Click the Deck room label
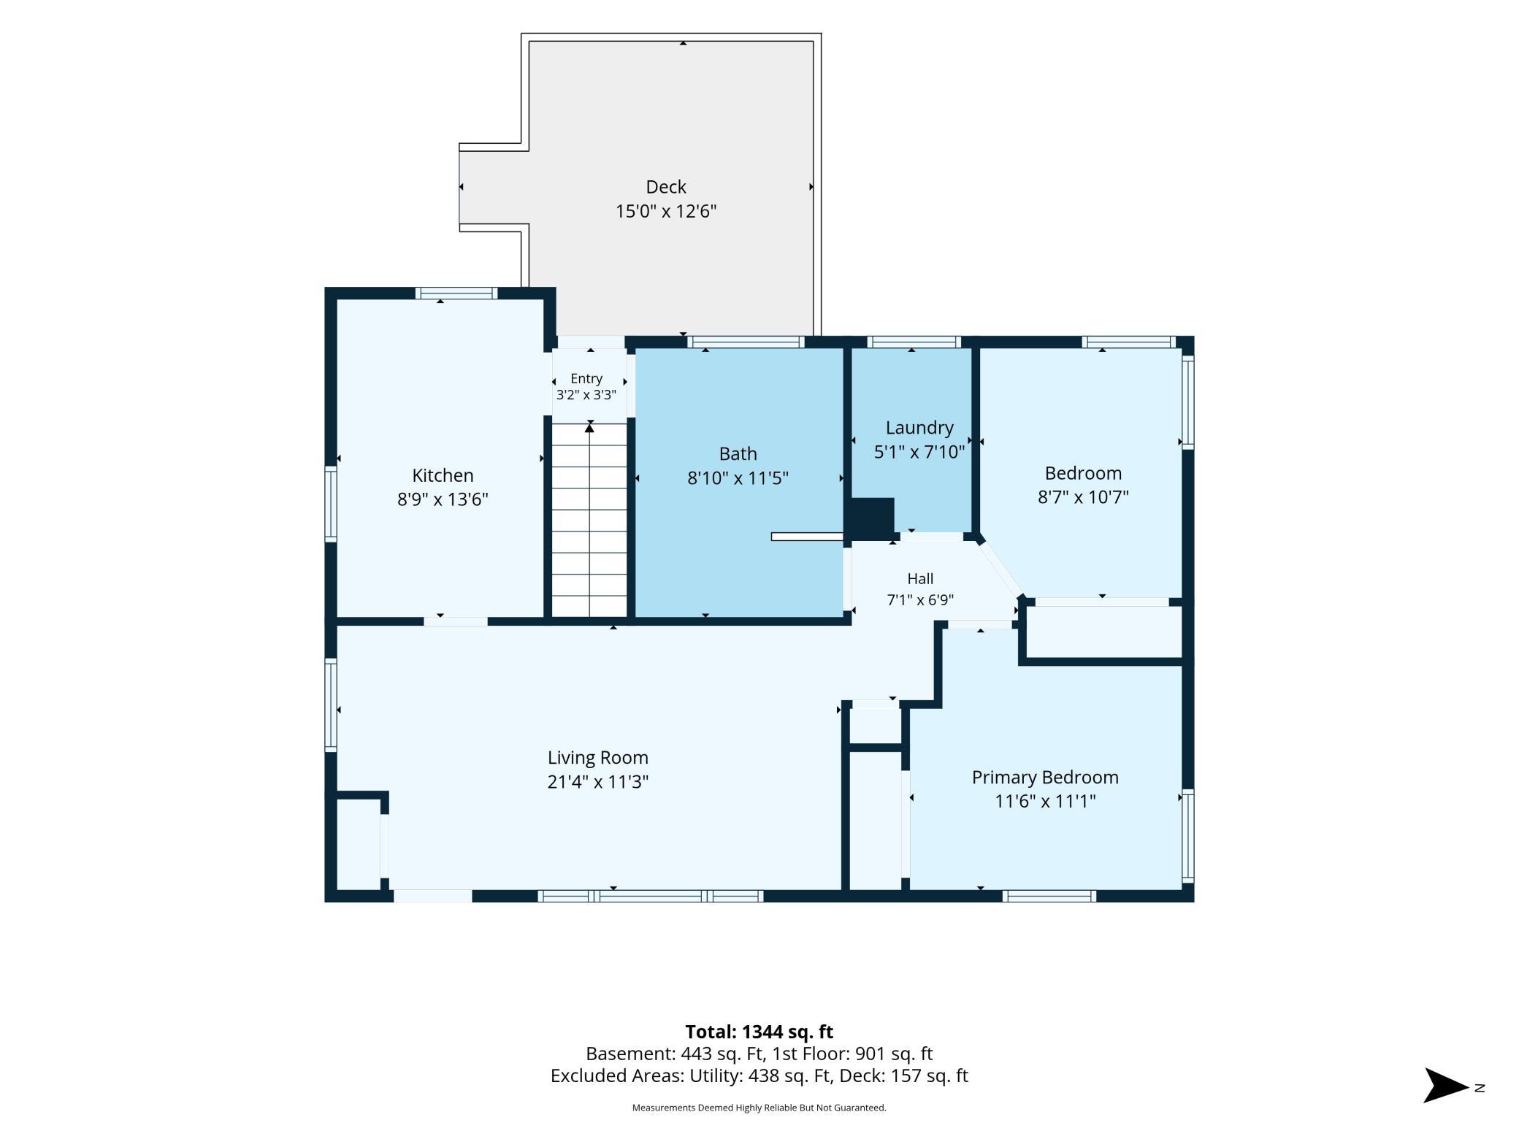[665, 187]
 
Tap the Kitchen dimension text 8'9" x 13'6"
[443, 499]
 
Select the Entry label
[586, 378]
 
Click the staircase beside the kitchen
[589, 520]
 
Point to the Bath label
[738, 454]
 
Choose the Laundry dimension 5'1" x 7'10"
[919, 452]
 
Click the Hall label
[920, 579]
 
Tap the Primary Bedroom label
[1045, 778]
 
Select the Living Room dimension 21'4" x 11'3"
[598, 782]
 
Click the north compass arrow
[1446, 1085]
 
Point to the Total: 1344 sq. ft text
[759, 1032]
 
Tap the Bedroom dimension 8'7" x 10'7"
[1083, 497]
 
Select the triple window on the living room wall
[651, 896]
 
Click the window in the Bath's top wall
[746, 342]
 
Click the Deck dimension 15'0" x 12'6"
[665, 212]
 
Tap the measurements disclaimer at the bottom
[759, 1108]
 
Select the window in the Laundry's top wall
[914, 342]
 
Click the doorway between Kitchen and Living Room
[456, 621]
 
